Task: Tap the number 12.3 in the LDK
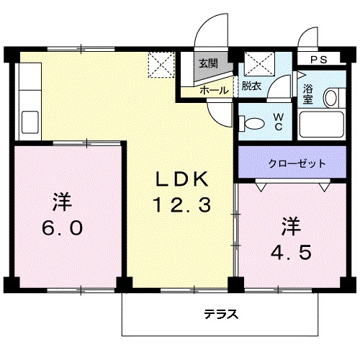point(181,206)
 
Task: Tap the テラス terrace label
point(220,315)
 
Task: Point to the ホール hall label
point(214,90)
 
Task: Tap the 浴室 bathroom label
point(307,94)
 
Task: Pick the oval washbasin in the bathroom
point(332,98)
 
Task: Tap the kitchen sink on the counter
point(30,122)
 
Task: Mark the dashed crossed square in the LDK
point(161,64)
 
